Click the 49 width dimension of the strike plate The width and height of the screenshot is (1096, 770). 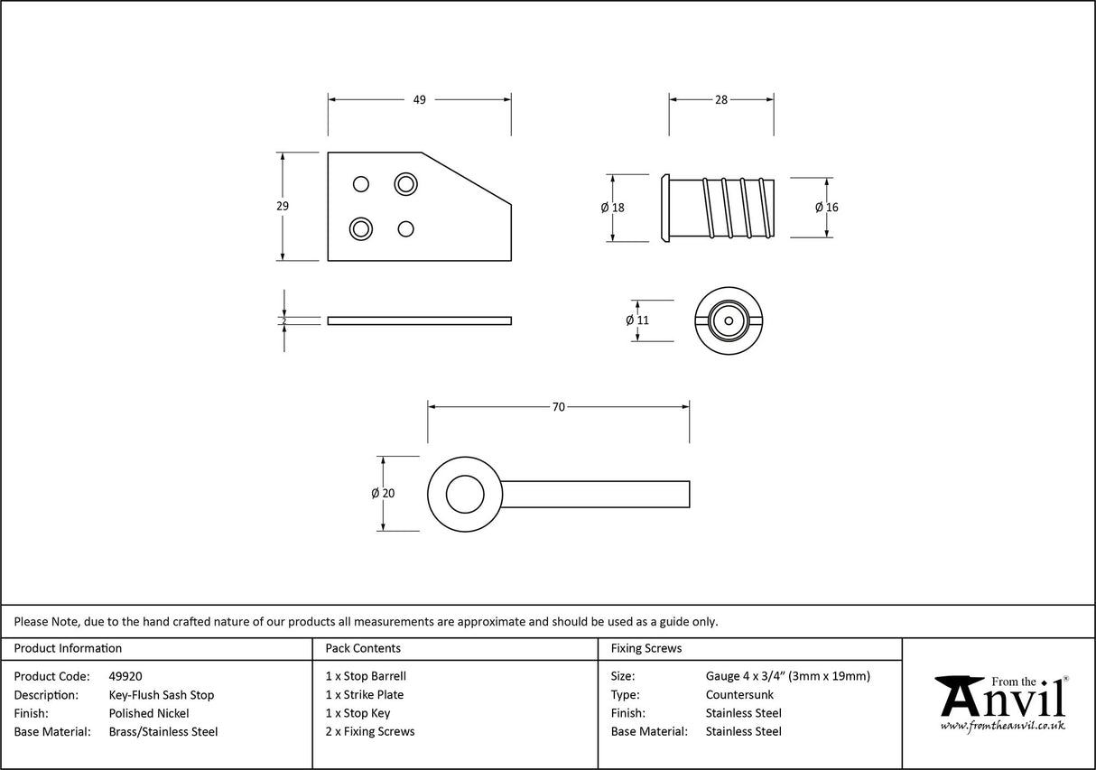coord(419,100)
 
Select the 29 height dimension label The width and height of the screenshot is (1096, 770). coord(283,206)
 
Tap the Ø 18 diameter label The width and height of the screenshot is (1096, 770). coord(612,208)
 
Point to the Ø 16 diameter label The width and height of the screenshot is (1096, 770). coord(826,208)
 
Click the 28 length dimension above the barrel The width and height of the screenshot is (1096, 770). coord(720,100)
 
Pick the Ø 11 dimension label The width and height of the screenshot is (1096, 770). coord(637,320)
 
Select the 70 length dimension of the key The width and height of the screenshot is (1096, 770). coord(558,407)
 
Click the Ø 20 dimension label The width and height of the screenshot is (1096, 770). coord(383,494)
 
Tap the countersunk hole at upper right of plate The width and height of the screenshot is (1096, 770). coord(406,184)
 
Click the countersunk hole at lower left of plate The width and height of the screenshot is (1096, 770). coord(361,227)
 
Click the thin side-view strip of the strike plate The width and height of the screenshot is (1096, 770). coord(419,320)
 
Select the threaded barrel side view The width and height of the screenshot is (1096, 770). coord(720,208)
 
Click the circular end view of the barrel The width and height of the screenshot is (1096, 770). coord(727,320)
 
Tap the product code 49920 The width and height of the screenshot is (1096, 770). coord(125,676)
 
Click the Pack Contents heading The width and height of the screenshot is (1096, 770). coord(363,648)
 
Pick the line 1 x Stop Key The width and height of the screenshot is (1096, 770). coord(358,713)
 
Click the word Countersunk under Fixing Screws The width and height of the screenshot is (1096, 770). coord(739,695)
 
